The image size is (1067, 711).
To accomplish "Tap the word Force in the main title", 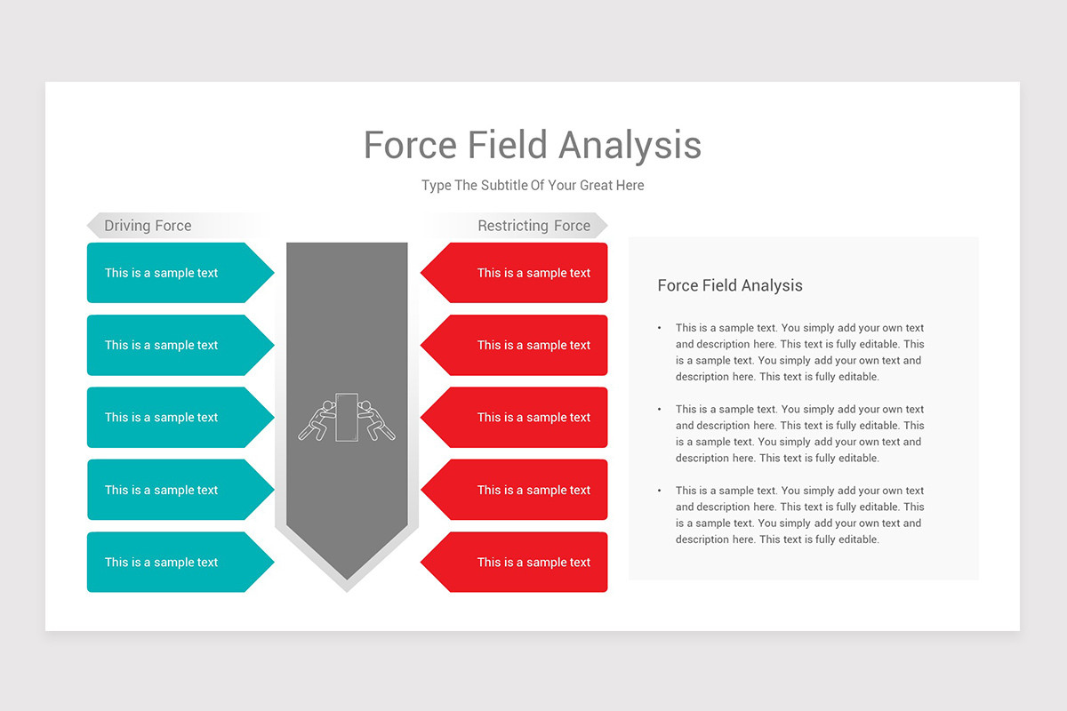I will click(x=410, y=146).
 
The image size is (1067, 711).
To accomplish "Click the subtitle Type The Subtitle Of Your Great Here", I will click(x=533, y=186).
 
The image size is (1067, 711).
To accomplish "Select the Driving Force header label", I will click(x=148, y=226).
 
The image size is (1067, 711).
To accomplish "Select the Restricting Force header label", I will click(x=533, y=226).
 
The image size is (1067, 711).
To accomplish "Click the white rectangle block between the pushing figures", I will click(x=347, y=417).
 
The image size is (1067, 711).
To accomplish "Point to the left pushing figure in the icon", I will click(x=317, y=420).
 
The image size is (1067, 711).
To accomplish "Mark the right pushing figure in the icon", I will click(x=376, y=420).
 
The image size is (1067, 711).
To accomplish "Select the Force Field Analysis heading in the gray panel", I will click(x=730, y=285).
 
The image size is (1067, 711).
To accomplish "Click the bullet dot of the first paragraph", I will click(x=659, y=328).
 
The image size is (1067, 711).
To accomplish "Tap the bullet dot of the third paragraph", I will click(x=659, y=491).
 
